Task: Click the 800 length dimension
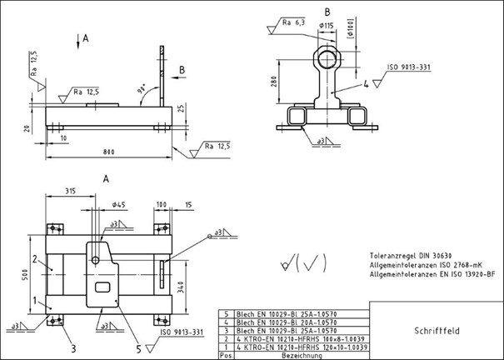coord(110,152)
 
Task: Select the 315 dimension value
coord(72,191)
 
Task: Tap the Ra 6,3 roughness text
coord(292,22)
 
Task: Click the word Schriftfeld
coord(435,330)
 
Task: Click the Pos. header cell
coord(222,354)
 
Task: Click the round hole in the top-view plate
coord(97,259)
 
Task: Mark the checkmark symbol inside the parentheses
coord(310,265)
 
